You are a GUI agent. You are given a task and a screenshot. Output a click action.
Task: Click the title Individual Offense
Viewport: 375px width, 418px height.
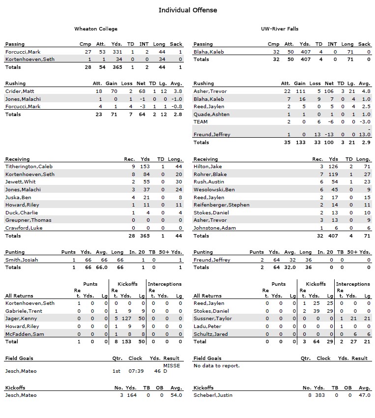click(x=187, y=10)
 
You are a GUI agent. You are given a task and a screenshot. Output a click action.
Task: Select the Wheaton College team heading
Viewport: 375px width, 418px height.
click(x=96, y=29)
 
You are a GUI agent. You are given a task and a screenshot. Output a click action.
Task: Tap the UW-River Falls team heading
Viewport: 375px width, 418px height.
click(x=280, y=29)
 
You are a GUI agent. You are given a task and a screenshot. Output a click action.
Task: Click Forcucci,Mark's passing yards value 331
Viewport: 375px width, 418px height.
click(x=116, y=52)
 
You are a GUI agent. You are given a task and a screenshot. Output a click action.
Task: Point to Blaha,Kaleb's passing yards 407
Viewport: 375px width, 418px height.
click(x=305, y=52)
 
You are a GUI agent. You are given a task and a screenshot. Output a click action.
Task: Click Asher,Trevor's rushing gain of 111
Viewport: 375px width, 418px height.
click(x=299, y=91)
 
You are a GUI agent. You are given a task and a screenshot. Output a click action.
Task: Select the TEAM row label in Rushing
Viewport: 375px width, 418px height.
click(x=201, y=121)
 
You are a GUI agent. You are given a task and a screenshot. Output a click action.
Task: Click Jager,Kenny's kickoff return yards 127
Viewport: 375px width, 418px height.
click(x=126, y=319)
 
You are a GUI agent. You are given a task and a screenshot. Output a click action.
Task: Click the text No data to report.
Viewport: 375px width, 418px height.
click(x=216, y=366)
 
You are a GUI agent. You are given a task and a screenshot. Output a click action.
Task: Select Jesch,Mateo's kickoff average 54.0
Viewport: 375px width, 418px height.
click(x=176, y=395)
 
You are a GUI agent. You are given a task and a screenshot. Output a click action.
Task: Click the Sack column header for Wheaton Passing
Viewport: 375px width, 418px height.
click(x=176, y=44)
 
